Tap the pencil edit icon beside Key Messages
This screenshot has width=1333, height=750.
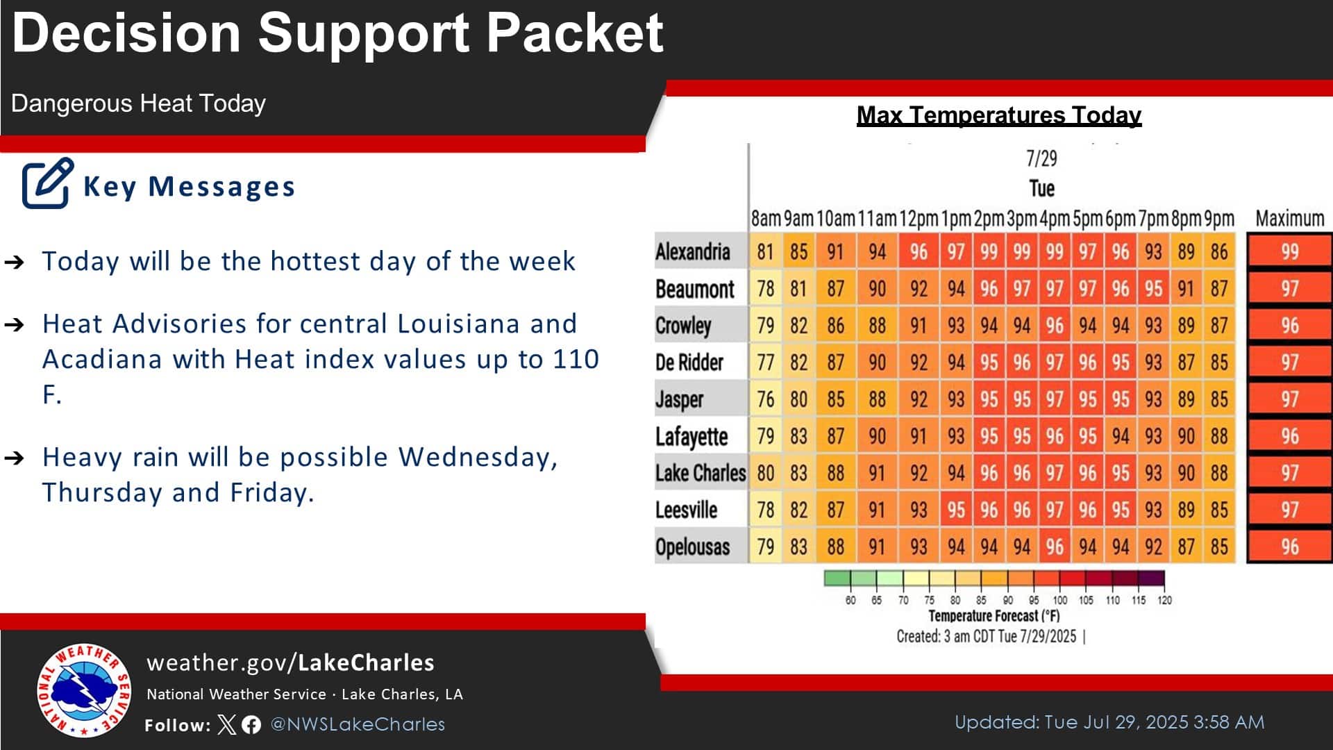pyautogui.click(x=47, y=183)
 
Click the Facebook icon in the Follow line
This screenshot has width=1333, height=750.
pyautogui.click(x=251, y=725)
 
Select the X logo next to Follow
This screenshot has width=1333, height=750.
pyautogui.click(x=227, y=725)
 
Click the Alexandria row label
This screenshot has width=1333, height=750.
pyautogui.click(x=692, y=251)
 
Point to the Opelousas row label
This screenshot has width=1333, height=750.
pyautogui.click(x=692, y=547)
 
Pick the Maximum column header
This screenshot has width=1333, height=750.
pyautogui.click(x=1289, y=219)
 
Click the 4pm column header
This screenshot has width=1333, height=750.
pyautogui.click(x=1055, y=219)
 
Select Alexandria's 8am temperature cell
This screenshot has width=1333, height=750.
pyautogui.click(x=765, y=251)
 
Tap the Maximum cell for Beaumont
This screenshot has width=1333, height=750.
pyautogui.click(x=1289, y=288)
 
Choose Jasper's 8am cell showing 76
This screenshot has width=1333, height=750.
pyautogui.click(x=765, y=399)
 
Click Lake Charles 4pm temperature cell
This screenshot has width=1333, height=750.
pyautogui.click(x=1055, y=473)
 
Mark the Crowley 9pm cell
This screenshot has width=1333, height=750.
pyautogui.click(x=1219, y=325)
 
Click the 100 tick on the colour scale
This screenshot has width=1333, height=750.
pyautogui.click(x=1060, y=600)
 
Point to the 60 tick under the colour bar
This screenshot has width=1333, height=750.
pyautogui.click(x=850, y=600)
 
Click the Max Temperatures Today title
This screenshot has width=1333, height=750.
pyautogui.click(x=999, y=115)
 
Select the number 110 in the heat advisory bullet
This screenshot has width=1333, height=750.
pyautogui.click(x=576, y=359)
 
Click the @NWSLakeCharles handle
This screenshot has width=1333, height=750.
pyautogui.click(x=358, y=724)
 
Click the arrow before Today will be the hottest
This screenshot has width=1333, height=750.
pyautogui.click(x=15, y=262)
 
